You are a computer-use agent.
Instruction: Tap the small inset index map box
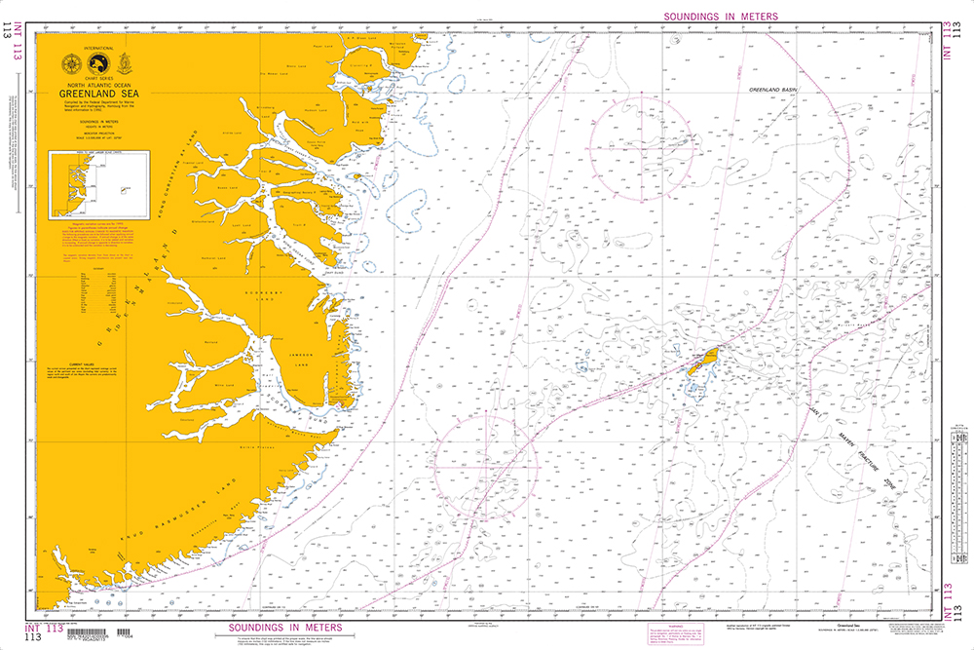pyautogui.click(x=95, y=181)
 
